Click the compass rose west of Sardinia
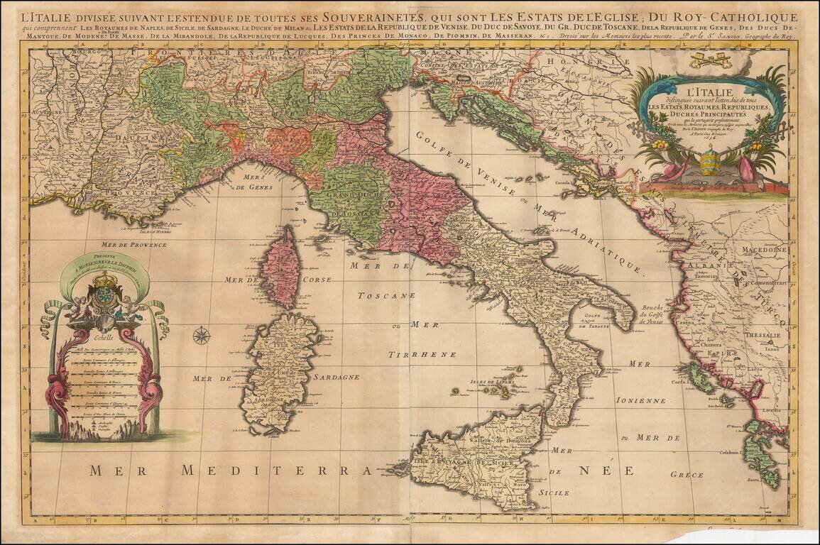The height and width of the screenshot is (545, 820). tap(202, 335)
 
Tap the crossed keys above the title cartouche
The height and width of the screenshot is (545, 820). tap(711, 60)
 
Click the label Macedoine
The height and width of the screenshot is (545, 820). tap(764, 250)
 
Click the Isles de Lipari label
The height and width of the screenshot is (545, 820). tap(491, 382)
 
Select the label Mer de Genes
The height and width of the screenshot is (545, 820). tap(250, 182)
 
